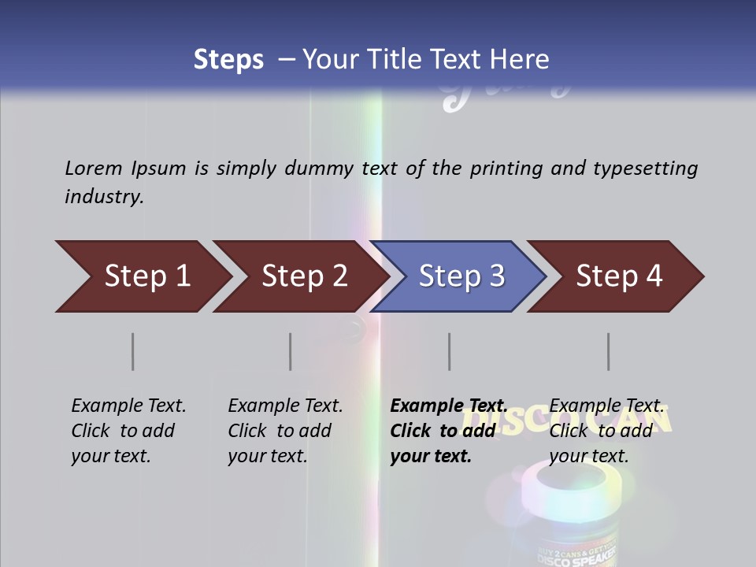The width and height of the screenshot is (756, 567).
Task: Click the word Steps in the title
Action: (228, 59)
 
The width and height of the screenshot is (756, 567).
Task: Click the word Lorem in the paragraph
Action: (93, 168)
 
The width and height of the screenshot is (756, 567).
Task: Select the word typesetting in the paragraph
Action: (645, 169)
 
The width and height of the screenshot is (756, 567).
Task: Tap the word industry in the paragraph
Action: (104, 196)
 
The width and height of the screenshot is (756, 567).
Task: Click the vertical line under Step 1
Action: (133, 351)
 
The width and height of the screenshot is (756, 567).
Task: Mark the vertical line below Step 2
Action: (291, 351)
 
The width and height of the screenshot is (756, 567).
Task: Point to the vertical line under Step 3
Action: (450, 351)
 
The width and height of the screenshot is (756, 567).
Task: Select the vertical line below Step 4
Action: (609, 351)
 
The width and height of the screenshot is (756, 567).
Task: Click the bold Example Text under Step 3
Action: (449, 406)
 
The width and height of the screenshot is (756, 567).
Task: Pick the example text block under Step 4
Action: (606, 431)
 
